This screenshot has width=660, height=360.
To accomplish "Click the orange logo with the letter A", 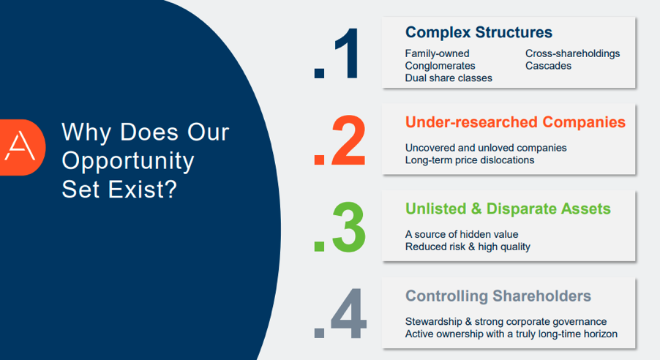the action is (x=22, y=147).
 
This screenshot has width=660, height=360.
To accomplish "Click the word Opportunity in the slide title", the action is (x=127, y=162).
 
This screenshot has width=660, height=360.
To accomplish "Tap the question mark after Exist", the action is (x=169, y=189).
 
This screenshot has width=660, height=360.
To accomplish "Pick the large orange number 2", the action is (x=348, y=140).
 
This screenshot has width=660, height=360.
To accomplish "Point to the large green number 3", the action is (x=348, y=228).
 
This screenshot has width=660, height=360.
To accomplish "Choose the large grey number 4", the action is (x=348, y=314).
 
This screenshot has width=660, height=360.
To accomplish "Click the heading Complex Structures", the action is (x=479, y=32).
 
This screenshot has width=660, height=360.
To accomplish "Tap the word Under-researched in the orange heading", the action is (x=471, y=122).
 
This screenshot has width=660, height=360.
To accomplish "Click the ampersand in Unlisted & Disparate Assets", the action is (x=476, y=209).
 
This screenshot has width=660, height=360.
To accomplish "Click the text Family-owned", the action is (x=437, y=53).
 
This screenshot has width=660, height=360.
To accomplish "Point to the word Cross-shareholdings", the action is (x=572, y=53).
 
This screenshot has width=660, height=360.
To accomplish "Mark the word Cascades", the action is (x=548, y=66).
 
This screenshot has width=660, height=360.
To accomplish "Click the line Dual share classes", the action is (x=449, y=78).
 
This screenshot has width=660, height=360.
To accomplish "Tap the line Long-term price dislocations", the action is (x=469, y=160).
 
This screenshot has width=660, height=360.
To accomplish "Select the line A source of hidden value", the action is (x=461, y=234).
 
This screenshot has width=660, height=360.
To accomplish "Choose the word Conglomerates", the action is (x=440, y=66).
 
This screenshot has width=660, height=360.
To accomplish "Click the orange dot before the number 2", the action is (x=319, y=160).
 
